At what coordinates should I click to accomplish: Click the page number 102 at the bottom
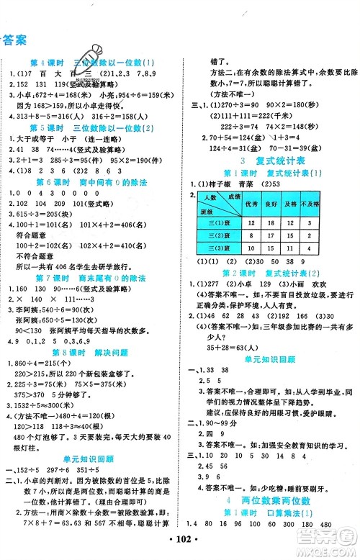pyautogui.click(x=180, y=551)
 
